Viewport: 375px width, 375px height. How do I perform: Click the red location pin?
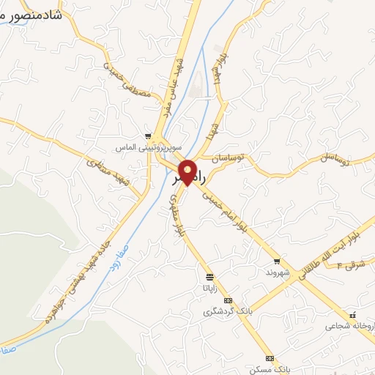click(188, 171)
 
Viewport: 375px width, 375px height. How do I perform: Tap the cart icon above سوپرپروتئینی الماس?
click(149, 136)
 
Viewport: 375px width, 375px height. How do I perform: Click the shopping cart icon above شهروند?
click(277, 261)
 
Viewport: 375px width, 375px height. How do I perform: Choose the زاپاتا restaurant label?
click(210, 288)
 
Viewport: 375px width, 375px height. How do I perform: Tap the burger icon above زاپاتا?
click(210, 277)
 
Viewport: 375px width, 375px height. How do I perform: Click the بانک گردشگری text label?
click(227, 312)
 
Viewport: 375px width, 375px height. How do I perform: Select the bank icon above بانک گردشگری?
click(227, 300)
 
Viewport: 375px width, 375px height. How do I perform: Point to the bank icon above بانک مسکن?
click(270, 357)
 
